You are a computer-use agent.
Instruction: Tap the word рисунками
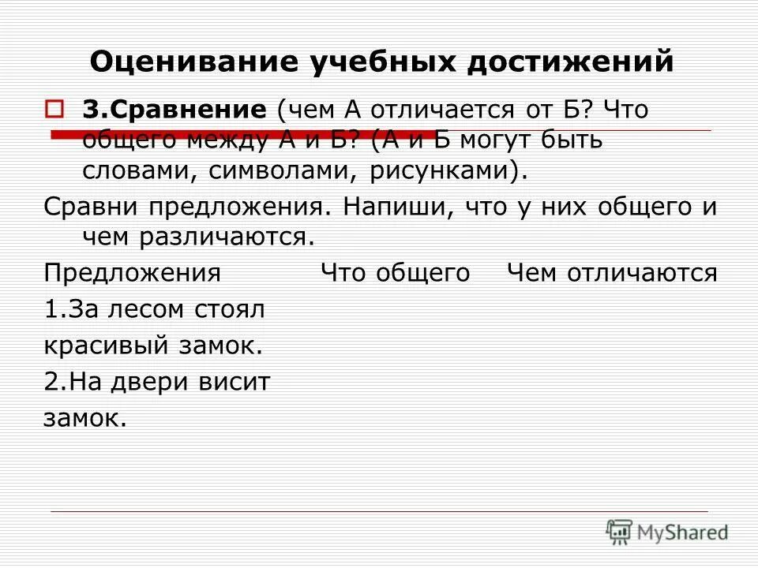pyautogui.click(x=443, y=171)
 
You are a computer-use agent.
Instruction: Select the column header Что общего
pyautogui.click(x=395, y=274)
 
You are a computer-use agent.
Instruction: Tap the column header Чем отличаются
pyautogui.click(x=612, y=274)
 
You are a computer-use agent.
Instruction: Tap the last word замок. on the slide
pyautogui.click(x=84, y=418)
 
